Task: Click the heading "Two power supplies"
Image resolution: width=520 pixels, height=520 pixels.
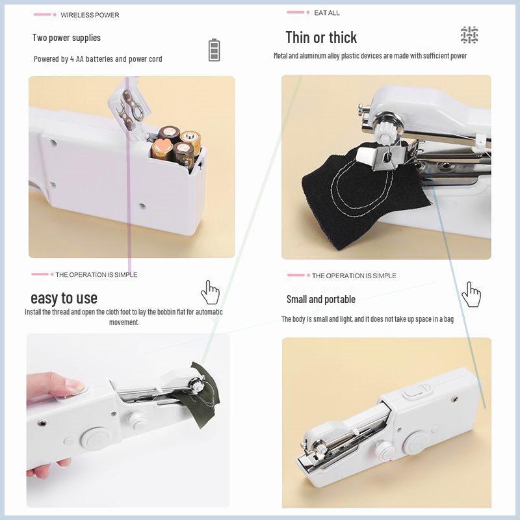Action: [66, 38]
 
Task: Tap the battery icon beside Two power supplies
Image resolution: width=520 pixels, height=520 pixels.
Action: [214, 50]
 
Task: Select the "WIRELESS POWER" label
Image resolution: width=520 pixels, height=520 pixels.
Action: [90, 15]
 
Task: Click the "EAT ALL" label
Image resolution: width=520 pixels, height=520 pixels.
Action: [326, 13]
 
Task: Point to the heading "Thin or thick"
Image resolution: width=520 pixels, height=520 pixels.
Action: [321, 37]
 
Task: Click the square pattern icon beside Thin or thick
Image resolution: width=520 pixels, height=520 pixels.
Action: [469, 35]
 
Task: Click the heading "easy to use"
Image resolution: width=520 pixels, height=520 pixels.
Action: [64, 298]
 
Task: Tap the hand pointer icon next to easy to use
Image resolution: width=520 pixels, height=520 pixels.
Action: [210, 292]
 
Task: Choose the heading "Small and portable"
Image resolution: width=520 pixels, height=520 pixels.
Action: [321, 300]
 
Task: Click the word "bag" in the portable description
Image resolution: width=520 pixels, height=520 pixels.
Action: [448, 319]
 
